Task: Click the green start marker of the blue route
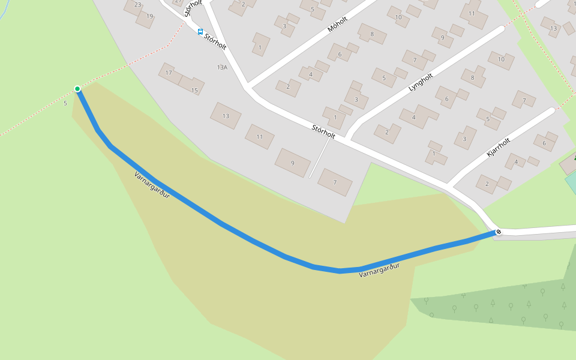77,89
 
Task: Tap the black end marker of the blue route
498,232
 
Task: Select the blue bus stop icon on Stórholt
200,32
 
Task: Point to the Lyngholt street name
420,82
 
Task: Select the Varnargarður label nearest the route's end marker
379,270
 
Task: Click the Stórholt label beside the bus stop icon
215,41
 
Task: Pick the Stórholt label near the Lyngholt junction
323,131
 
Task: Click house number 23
137,5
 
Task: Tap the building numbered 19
149,16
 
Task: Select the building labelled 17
169,73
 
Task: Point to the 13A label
222,68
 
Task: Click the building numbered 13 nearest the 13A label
226,116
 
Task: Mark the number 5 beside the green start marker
65,103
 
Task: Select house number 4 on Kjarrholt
515,162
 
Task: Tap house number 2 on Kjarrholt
487,184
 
